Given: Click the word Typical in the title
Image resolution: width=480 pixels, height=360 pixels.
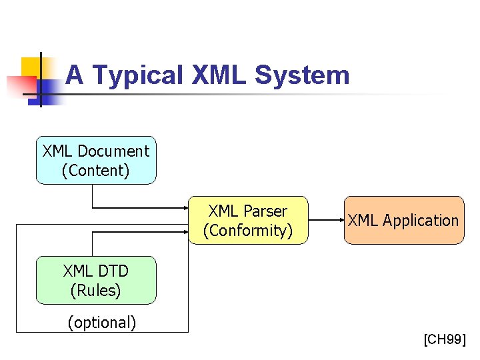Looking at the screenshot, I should pyautogui.click(x=137, y=75).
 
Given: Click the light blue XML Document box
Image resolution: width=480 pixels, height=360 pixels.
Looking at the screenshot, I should pyautogui.click(x=96, y=161).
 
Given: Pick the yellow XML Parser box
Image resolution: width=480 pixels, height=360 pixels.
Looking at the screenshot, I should pyautogui.click(x=248, y=221).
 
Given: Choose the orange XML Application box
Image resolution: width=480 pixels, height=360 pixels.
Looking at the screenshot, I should pyautogui.click(x=403, y=221).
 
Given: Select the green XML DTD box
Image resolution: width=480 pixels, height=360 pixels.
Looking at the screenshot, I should pyautogui.click(x=96, y=281).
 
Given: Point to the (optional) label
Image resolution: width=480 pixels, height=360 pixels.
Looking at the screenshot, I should pyautogui.click(x=101, y=323).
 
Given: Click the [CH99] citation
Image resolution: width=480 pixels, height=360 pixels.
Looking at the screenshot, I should pyautogui.click(x=445, y=340).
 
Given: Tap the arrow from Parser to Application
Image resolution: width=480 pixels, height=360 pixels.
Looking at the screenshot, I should pyautogui.click(x=326, y=221).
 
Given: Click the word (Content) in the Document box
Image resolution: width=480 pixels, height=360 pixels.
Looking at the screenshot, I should pyautogui.click(x=95, y=171).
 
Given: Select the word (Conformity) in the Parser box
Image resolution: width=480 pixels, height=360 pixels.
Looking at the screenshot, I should pyautogui.click(x=248, y=231).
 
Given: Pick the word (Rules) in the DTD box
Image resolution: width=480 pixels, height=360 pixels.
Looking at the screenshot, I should pyautogui.click(x=95, y=291).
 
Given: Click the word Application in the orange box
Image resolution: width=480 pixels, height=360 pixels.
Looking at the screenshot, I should pyautogui.click(x=421, y=221).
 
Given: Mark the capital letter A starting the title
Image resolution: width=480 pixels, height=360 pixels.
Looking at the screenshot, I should pyautogui.click(x=74, y=75).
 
